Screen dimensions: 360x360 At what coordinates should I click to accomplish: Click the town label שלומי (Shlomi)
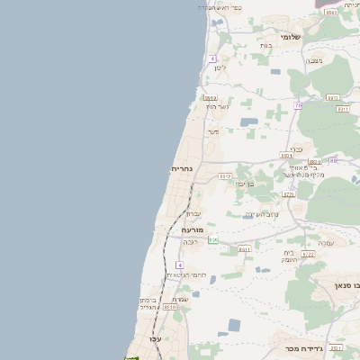click(x=289, y=37)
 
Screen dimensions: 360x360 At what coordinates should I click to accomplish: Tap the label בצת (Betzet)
click(x=265, y=45)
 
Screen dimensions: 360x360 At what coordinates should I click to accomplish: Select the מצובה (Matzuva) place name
click(x=314, y=60)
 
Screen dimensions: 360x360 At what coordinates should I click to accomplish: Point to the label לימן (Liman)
click(x=220, y=68)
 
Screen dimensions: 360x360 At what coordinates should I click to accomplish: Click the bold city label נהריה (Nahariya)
click(x=183, y=168)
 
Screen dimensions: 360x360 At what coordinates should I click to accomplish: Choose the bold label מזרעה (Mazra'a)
click(x=192, y=230)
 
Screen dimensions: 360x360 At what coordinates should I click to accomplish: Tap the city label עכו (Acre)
click(x=155, y=338)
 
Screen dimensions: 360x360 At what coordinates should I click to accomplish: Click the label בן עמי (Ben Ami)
click(x=246, y=184)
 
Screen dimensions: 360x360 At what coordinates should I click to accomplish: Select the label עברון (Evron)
click(x=194, y=213)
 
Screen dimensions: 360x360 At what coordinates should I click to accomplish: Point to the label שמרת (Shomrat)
click(x=180, y=299)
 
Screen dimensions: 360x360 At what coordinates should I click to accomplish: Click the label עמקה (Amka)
click(x=325, y=242)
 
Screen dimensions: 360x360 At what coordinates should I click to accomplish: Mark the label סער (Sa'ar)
click(x=213, y=131)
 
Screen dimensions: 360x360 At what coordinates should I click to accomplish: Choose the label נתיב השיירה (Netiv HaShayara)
click(x=261, y=214)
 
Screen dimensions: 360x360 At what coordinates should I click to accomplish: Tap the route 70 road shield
click(x=298, y=105)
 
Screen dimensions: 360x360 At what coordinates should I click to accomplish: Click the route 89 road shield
click(x=333, y=160)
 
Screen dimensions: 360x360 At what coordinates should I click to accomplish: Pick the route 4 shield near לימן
click(x=213, y=58)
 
